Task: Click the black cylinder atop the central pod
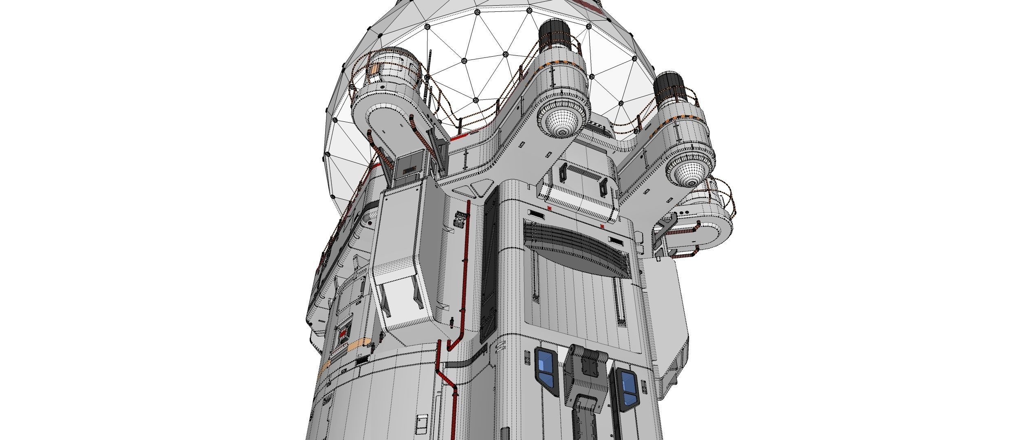pyautogui.click(x=554, y=34)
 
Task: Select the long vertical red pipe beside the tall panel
pyautogui.click(x=466, y=269)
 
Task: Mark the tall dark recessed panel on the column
pyautogui.click(x=489, y=265)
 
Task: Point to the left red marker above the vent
pyautogui.click(x=550, y=209)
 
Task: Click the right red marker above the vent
pyautogui.click(x=602, y=227)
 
